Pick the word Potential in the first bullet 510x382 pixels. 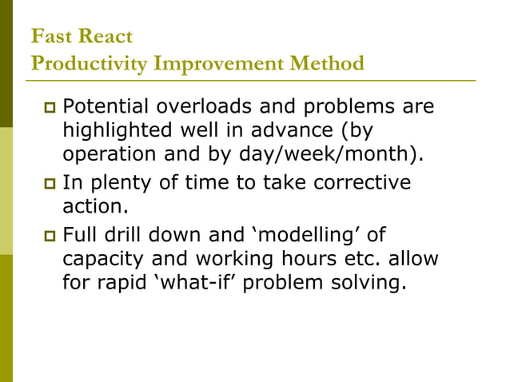[102, 106]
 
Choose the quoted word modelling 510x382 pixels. [303, 236]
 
